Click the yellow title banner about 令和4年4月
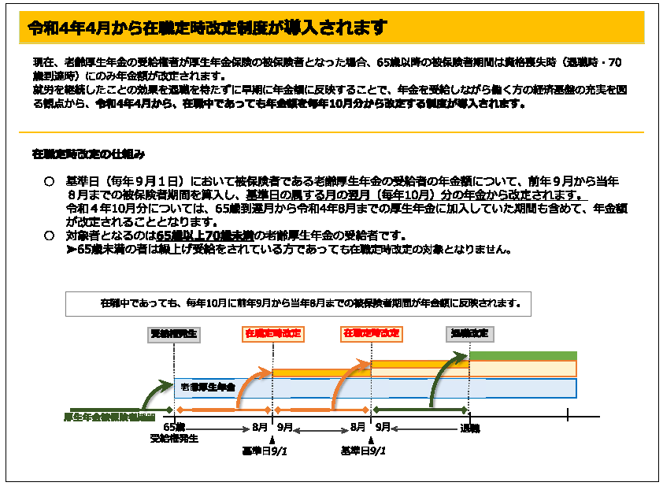click(x=331, y=28)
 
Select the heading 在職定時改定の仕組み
click(x=88, y=152)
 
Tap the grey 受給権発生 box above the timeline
click(x=173, y=334)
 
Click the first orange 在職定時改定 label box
click(x=272, y=334)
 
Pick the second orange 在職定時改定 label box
click(x=371, y=334)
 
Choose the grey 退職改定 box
click(x=470, y=334)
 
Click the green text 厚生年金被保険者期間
click(x=109, y=416)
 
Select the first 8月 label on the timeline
click(x=260, y=427)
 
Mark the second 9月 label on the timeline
click(x=383, y=427)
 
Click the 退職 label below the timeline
click(x=470, y=428)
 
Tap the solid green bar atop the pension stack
click(x=523, y=356)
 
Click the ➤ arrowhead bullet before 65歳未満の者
click(x=71, y=250)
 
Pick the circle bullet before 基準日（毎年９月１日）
click(x=49, y=181)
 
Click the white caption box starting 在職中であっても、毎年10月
click(x=298, y=303)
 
